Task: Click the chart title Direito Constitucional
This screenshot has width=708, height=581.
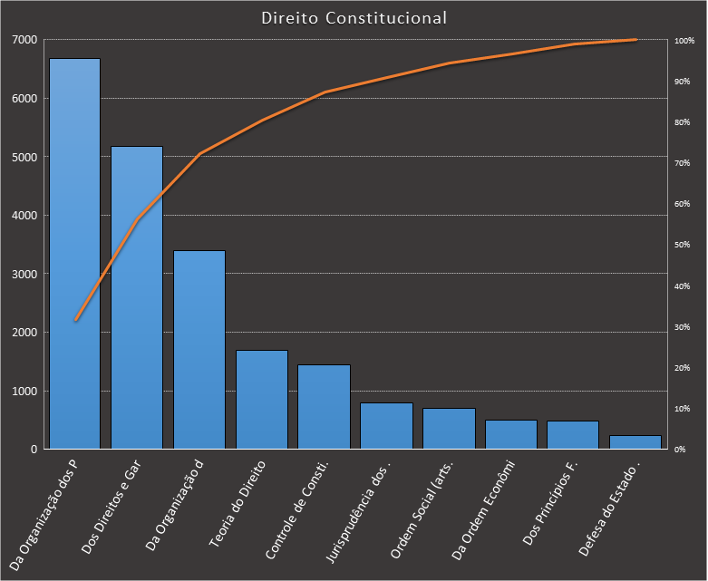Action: (354, 17)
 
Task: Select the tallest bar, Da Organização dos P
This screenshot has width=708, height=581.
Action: (74, 254)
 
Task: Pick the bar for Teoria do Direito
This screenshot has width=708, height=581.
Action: (262, 399)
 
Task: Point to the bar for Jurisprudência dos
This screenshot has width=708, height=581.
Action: (386, 426)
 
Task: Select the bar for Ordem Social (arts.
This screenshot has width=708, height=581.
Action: (449, 429)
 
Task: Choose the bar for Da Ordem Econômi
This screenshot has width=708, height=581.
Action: (511, 434)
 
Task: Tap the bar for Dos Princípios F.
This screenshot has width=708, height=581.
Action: (573, 435)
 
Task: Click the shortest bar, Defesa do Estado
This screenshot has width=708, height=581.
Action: (635, 442)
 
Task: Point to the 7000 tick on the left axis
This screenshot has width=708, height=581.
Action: (24, 40)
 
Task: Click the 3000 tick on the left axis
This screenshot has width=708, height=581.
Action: (24, 274)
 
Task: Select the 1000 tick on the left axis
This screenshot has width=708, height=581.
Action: (24, 391)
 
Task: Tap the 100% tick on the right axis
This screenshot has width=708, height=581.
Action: (684, 41)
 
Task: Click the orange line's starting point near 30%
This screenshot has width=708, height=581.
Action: (75, 320)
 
